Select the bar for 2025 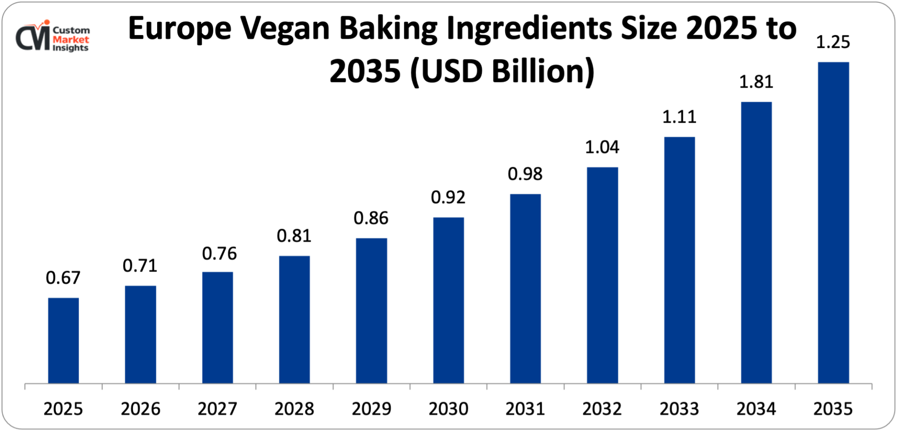(x=63, y=340)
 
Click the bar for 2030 (x=449, y=300)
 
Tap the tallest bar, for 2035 (x=833, y=223)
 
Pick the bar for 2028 (x=295, y=319)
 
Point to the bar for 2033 (x=679, y=260)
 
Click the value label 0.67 (x=63, y=278)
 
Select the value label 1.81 (x=756, y=82)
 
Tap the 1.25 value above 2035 (x=833, y=42)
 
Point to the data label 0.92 (x=448, y=197)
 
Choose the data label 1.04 (x=602, y=147)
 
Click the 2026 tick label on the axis (x=141, y=409)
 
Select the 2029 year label (x=371, y=409)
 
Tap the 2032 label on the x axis (x=602, y=409)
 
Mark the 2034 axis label (x=756, y=409)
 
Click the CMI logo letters (x=32, y=38)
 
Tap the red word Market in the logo (x=70, y=40)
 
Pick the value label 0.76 (x=219, y=254)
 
